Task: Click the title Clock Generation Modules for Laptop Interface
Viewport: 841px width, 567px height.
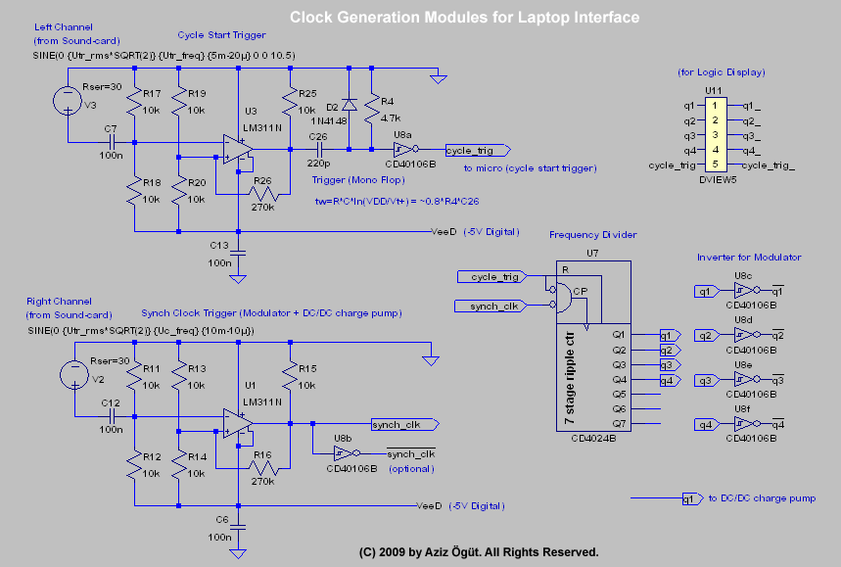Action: click(x=464, y=18)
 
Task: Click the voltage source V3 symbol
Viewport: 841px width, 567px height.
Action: click(x=68, y=99)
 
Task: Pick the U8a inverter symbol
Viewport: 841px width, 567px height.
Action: click(x=400, y=150)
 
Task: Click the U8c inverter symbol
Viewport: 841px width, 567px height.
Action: click(x=741, y=291)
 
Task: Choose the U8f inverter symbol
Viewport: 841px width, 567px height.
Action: click(x=741, y=424)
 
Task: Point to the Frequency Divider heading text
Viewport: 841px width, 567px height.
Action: click(x=592, y=235)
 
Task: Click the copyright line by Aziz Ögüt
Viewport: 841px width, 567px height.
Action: click(x=479, y=551)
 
